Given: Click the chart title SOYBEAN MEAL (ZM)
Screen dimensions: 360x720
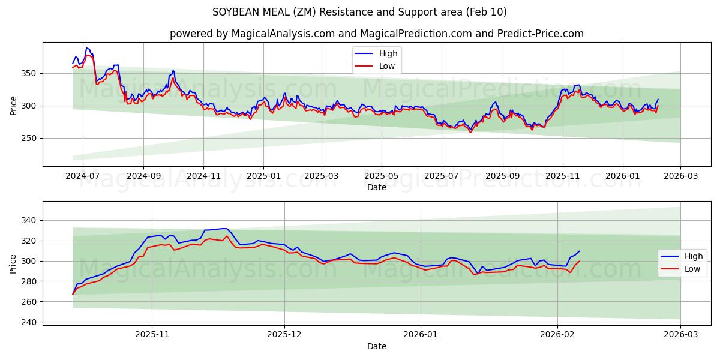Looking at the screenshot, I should [359, 12].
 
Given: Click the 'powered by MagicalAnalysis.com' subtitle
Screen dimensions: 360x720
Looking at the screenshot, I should [376, 34].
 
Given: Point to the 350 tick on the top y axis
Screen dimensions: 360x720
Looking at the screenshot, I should [29, 74].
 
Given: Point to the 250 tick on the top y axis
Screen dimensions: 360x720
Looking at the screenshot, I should [29, 139].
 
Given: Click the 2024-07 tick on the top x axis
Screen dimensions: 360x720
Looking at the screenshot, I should [82, 176].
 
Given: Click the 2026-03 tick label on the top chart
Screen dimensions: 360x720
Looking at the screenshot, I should [680, 176].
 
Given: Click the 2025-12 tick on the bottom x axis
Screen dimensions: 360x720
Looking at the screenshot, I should [284, 335].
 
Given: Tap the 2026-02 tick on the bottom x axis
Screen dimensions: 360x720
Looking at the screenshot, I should [557, 335].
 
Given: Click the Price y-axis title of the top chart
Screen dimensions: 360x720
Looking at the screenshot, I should [13, 105].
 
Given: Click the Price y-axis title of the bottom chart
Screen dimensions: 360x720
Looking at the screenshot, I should [13, 264].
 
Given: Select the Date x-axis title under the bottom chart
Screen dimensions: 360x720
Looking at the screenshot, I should [376, 346].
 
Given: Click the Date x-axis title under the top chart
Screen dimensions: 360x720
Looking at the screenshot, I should [376, 187].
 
